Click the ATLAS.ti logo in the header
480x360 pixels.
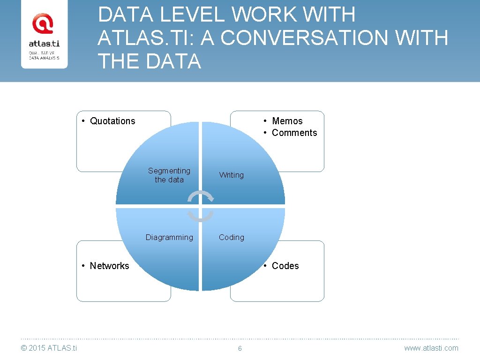tap(44, 41)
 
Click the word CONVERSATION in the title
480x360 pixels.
tap(304, 38)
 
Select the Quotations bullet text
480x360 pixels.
tap(112, 121)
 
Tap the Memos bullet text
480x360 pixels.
tap(287, 121)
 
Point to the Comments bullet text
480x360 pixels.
tap(294, 133)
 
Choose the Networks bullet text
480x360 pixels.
tap(109, 266)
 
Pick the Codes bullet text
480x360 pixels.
tap(285, 266)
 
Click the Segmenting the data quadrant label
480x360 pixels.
tap(169, 175)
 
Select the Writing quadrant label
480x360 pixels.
tap(232, 175)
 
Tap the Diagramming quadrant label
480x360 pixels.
tap(169, 237)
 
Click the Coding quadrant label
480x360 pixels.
tap(232, 237)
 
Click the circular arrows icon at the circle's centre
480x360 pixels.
tap(200, 206)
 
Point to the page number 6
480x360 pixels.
tap(240, 348)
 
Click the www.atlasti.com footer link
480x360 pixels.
tap(431, 348)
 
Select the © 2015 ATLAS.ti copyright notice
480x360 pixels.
tap(49, 348)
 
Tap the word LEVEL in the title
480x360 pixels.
tap(193, 15)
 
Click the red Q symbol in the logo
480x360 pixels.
tap(42, 23)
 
